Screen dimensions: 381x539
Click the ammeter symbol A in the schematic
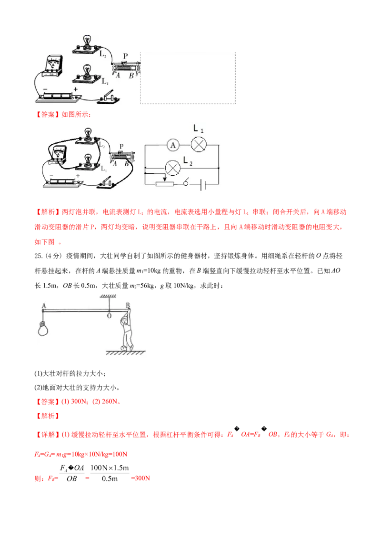click(172, 145)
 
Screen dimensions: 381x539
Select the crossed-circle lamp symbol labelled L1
click(199, 145)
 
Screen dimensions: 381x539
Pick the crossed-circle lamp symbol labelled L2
click(173, 168)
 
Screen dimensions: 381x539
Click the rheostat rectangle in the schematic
click(165, 184)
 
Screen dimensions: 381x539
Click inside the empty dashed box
click(188, 78)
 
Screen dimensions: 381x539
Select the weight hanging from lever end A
click(43, 328)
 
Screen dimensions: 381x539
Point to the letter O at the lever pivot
click(109, 316)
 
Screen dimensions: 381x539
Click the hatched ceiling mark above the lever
click(109, 296)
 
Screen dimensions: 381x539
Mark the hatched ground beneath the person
click(126, 353)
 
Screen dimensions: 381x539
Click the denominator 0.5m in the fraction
click(110, 479)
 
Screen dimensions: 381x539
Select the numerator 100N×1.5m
click(110, 468)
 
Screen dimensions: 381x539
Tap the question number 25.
click(39, 256)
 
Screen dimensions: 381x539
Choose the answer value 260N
click(110, 401)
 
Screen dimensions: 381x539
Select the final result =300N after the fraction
click(140, 478)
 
